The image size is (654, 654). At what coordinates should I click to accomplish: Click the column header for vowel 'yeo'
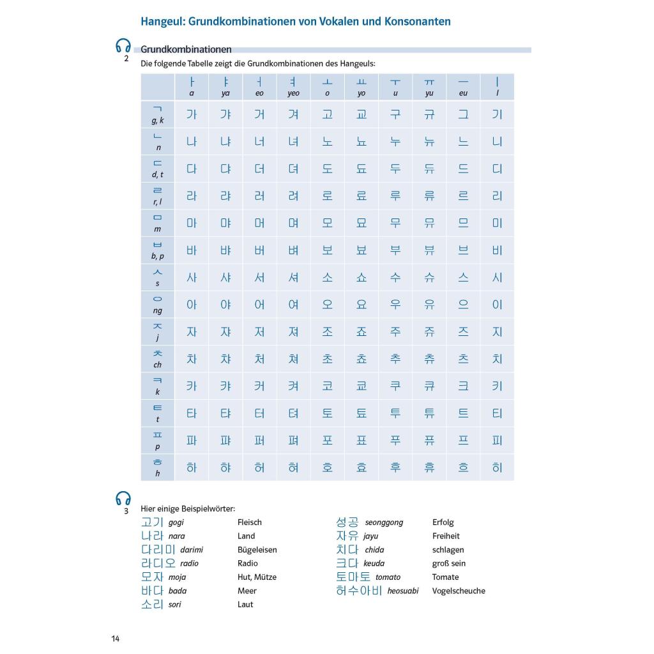click(x=293, y=86)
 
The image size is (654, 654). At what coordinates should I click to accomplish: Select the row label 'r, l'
click(x=157, y=196)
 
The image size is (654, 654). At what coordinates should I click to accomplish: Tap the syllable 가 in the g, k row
click(x=192, y=114)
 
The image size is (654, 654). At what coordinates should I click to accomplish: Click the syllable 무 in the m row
click(x=395, y=223)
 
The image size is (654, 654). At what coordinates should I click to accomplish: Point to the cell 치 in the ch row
click(x=497, y=359)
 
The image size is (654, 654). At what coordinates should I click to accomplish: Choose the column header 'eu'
click(x=463, y=86)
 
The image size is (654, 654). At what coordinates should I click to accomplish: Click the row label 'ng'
click(x=157, y=305)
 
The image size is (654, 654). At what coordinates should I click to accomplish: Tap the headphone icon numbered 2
click(x=123, y=47)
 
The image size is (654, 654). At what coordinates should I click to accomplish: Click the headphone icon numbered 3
click(x=123, y=498)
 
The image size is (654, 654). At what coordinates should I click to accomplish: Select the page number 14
click(x=115, y=639)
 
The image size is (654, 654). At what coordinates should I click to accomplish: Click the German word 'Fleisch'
click(x=250, y=522)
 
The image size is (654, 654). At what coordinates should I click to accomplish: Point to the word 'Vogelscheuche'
click(x=459, y=591)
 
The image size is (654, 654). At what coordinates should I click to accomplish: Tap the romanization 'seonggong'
click(x=384, y=522)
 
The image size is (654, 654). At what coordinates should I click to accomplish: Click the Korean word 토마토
click(x=353, y=577)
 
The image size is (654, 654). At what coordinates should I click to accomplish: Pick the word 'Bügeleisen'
click(x=257, y=550)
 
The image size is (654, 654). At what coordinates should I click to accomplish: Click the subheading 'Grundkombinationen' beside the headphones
click(x=186, y=49)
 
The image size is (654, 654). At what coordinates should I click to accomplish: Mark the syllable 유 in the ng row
click(x=429, y=305)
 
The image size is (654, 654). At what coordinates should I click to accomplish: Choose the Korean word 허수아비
click(x=359, y=591)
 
